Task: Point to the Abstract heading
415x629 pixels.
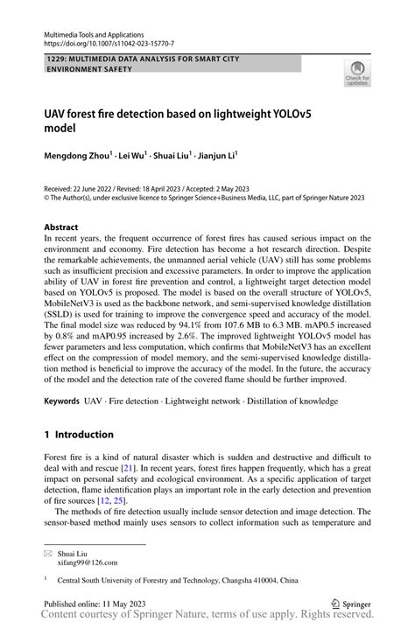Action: click(60, 227)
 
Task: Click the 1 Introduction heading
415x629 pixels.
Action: click(79, 434)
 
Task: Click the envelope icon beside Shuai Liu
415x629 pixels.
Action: click(48, 553)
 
